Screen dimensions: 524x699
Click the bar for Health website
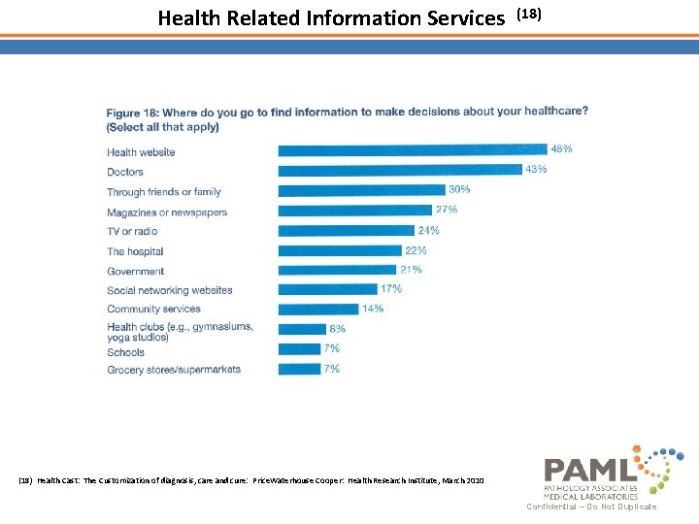tap(412, 150)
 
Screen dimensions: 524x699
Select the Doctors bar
tap(399, 171)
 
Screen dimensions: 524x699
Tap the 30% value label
tap(459, 189)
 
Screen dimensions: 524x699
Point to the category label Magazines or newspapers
tap(167, 213)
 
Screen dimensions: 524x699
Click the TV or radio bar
tap(346, 231)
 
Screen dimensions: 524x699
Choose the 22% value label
tap(416, 250)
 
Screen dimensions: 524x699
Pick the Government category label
tap(136, 272)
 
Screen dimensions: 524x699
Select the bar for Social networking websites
tap(327, 289)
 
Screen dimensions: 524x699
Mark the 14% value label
tap(372, 309)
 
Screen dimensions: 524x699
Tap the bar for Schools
tap(299, 349)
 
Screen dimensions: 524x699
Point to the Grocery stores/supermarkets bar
tap(299, 369)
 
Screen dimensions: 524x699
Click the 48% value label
tap(561, 149)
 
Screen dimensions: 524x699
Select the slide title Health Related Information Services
tap(331, 17)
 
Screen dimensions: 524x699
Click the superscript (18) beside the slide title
tap(528, 14)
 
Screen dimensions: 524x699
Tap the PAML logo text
tap(590, 471)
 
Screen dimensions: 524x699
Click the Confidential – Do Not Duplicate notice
tap(591, 507)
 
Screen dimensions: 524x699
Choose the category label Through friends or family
tap(164, 192)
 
